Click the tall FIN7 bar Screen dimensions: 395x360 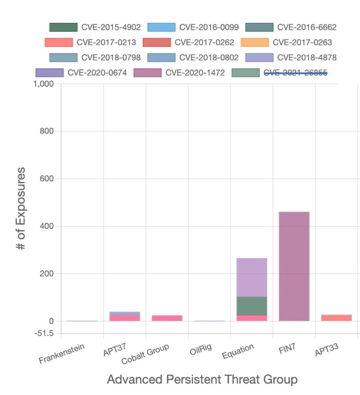[294, 266]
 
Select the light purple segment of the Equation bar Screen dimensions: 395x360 [252, 277]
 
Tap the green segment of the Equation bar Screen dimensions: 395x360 [252, 306]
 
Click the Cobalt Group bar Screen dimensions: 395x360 [167, 318]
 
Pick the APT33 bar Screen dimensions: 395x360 [336, 318]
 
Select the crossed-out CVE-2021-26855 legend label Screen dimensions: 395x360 [295, 72]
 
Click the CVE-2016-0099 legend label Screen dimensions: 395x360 [209, 27]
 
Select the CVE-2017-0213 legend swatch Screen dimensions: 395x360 [58, 43]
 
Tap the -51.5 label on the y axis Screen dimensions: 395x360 [44, 334]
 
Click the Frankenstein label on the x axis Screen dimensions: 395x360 [61, 354]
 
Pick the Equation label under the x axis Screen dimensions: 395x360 [238, 351]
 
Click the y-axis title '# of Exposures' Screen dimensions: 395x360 [21, 208]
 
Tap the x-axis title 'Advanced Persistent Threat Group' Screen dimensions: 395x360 [202, 379]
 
